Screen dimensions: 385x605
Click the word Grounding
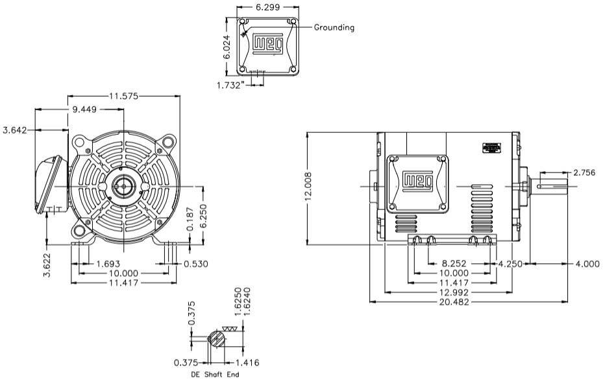click(334, 28)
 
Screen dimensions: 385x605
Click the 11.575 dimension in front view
click(124, 97)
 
